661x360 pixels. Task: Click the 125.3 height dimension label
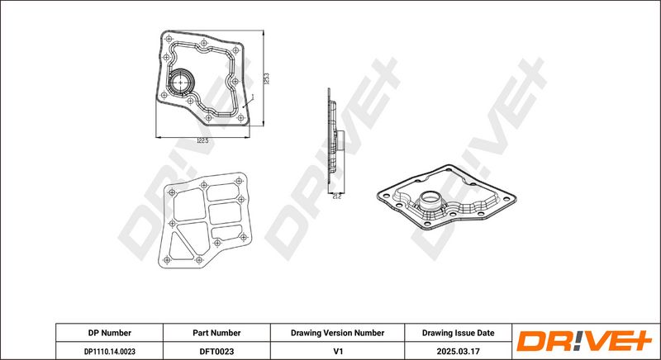(266, 78)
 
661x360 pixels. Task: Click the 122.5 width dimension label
(202, 140)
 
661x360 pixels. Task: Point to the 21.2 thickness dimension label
(336, 197)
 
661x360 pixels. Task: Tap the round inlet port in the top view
(180, 82)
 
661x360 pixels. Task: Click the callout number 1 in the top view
(252, 96)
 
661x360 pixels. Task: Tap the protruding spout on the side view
(340, 141)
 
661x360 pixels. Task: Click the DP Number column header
(110, 333)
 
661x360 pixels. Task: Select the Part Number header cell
(216, 333)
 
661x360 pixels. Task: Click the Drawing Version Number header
(337, 333)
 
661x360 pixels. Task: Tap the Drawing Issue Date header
(459, 333)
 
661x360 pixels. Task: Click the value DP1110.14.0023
(110, 351)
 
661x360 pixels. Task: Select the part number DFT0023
(216, 351)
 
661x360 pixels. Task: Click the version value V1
(337, 351)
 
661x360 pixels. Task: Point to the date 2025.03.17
(459, 351)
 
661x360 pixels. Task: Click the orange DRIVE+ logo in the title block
(585, 341)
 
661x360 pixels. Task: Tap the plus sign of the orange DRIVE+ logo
(640, 340)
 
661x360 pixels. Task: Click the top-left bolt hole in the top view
(169, 39)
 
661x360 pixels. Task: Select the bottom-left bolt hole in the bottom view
(167, 260)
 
